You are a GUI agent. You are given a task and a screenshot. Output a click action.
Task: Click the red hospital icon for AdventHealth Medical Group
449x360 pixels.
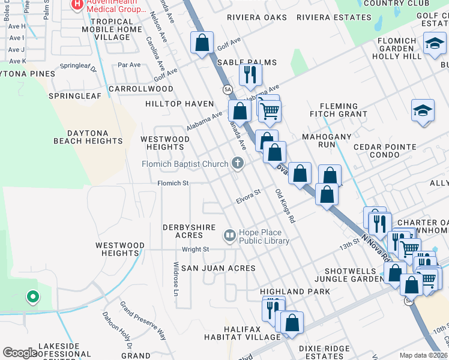77,4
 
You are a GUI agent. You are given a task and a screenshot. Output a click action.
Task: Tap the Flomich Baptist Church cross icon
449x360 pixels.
238,163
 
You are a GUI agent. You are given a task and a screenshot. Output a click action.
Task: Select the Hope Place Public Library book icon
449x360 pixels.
229,236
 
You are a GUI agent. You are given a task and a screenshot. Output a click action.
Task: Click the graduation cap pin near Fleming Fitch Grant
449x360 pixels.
423,110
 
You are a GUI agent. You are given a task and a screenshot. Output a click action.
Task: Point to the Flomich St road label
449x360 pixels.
173,184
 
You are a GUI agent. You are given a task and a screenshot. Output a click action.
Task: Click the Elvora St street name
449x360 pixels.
247,197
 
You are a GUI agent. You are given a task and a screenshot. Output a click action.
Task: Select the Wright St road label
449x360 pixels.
195,249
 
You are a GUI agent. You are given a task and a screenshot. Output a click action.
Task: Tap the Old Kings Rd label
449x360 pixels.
285,206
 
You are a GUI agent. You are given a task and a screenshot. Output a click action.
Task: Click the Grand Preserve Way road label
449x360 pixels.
142,321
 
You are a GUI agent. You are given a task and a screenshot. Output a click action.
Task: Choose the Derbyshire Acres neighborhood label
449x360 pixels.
184,232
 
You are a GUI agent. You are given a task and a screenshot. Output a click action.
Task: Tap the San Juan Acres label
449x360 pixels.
218,268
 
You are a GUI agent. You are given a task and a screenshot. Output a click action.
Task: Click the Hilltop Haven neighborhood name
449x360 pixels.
179,104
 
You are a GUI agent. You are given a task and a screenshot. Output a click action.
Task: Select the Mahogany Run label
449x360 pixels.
326,140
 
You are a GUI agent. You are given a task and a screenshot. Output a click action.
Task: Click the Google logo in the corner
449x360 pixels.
20,353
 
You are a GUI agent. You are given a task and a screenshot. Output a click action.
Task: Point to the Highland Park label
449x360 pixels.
295,292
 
